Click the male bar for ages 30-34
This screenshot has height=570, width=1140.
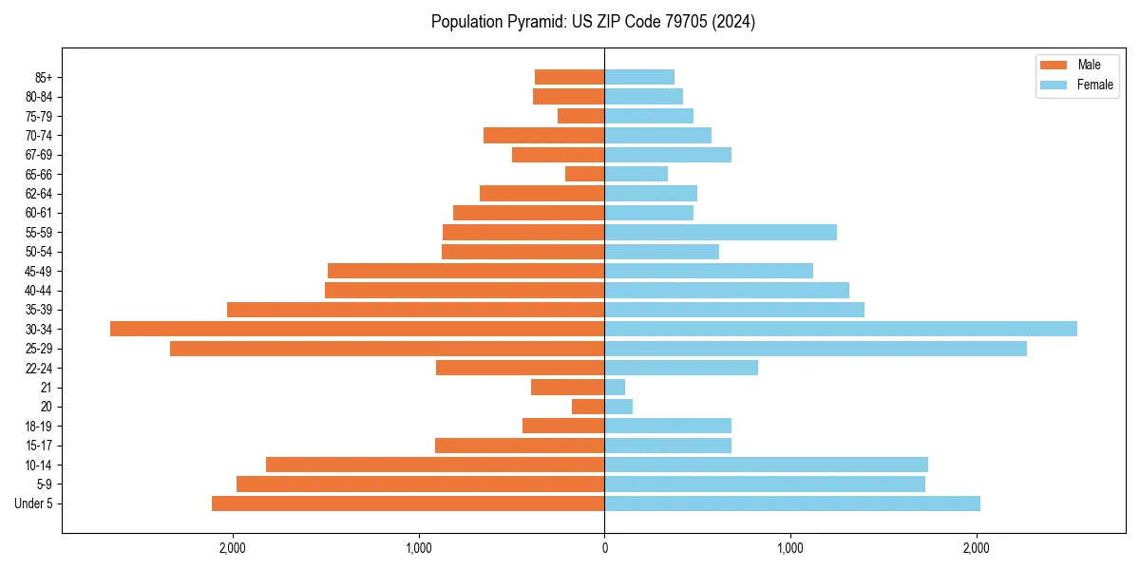[357, 329]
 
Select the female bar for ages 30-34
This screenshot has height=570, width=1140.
[841, 329]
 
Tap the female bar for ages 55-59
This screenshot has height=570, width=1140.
[720, 232]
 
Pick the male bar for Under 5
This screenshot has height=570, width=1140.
[408, 503]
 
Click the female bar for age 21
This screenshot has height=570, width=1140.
[615, 388]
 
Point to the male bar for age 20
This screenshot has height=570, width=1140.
[588, 407]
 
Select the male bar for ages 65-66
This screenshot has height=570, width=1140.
[584, 174]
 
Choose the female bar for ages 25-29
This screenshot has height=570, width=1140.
[815, 349]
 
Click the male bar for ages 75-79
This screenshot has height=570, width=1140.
[580, 116]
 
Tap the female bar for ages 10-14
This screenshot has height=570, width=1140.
[766, 465]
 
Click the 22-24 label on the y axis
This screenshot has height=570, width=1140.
[40, 368]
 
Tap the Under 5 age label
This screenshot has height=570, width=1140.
[34, 503]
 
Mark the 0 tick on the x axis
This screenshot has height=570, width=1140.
[604, 548]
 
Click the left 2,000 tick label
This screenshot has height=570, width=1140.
[232, 548]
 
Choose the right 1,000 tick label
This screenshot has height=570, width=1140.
[790, 548]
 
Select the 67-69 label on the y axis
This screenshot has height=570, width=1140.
[40, 155]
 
